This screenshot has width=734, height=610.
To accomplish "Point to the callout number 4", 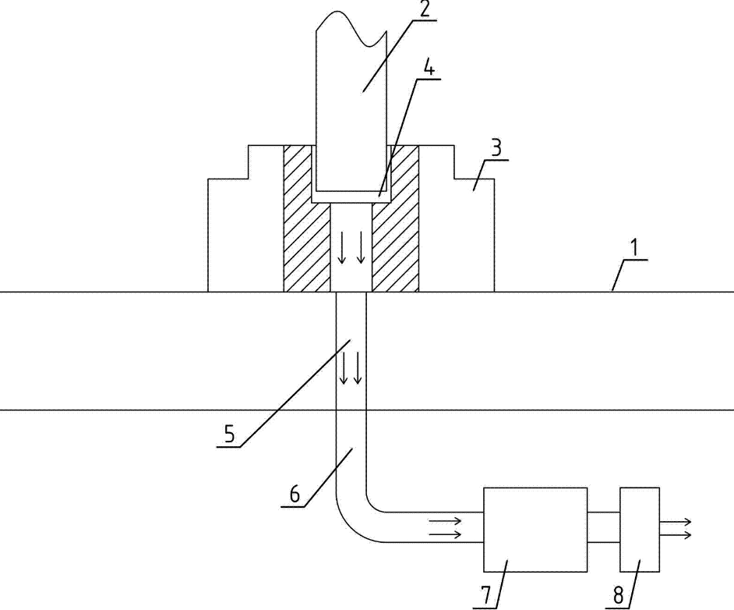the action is [429, 67].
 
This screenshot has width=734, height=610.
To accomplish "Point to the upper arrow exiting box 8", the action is [675, 521].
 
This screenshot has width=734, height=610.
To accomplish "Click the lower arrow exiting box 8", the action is [675, 535].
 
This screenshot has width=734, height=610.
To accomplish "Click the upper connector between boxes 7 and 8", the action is [604, 512].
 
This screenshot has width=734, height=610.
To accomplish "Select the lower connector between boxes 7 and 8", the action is [604, 542].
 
